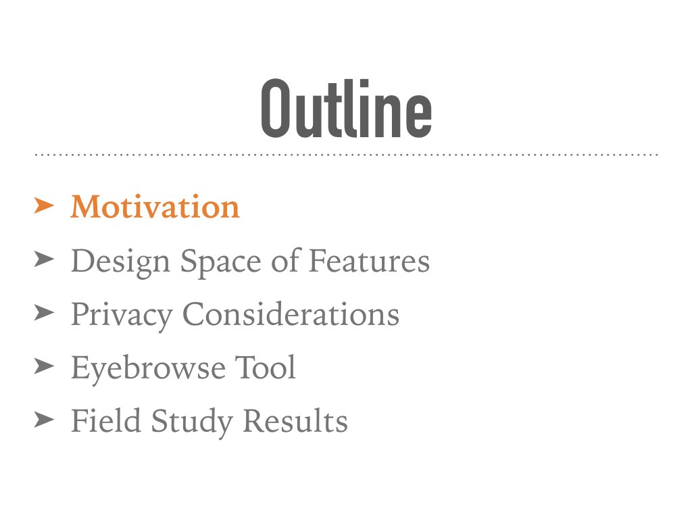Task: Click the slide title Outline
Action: click(347, 109)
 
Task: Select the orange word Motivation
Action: click(155, 207)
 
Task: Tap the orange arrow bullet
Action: click(44, 205)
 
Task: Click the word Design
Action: click(120, 262)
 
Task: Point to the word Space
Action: click(221, 262)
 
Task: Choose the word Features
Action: click(369, 260)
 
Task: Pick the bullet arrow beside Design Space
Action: click(44, 259)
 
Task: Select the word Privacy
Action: click(122, 316)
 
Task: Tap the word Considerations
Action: click(291, 314)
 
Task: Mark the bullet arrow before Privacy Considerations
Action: click(44, 313)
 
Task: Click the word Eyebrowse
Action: click(148, 368)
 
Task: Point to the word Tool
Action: click(265, 367)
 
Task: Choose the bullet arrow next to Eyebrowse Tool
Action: click(44, 366)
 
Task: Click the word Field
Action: click(106, 420)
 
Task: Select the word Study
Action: click(192, 422)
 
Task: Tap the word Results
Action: click(295, 420)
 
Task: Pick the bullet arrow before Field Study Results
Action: click(44, 419)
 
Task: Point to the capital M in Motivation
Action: click(87, 207)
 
